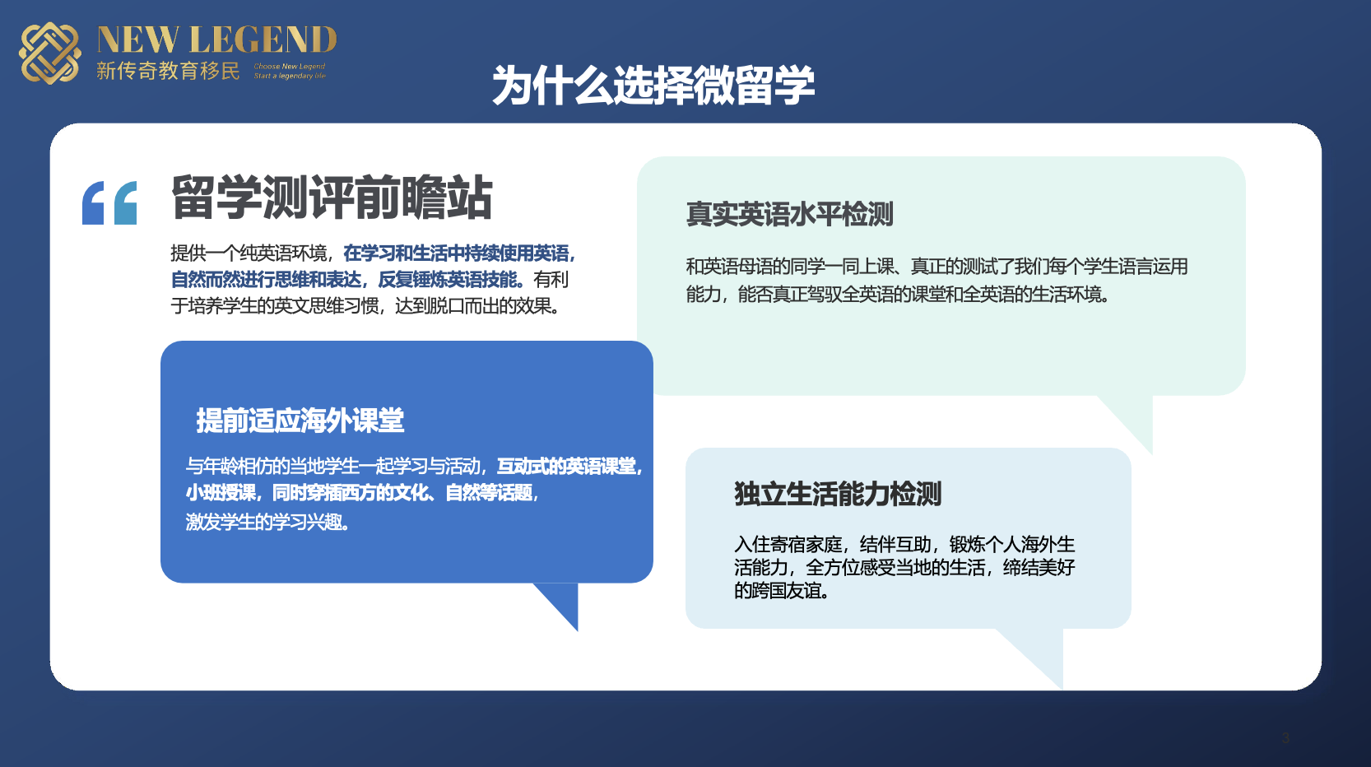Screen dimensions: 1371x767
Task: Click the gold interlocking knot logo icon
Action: pos(49,53)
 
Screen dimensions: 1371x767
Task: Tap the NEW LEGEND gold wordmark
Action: pos(216,40)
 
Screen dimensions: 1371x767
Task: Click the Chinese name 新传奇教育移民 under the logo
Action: pos(168,71)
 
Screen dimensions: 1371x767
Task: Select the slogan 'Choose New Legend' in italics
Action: pos(290,66)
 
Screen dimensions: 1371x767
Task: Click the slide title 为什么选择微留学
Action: pos(653,85)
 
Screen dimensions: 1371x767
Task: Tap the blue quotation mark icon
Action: pos(109,203)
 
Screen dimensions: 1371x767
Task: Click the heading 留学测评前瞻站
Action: pos(331,198)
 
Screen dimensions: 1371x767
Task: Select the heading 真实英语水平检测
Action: pos(789,214)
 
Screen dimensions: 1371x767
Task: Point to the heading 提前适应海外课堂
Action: pos(300,421)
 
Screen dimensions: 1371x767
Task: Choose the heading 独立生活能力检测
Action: pos(837,494)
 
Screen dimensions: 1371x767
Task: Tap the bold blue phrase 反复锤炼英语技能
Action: pos(448,279)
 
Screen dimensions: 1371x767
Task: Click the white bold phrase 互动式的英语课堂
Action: pos(566,467)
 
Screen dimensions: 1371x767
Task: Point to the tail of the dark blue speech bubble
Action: pos(559,605)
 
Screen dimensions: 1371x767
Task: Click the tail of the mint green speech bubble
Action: pos(1128,423)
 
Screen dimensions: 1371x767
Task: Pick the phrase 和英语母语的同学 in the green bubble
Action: pos(746,267)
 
